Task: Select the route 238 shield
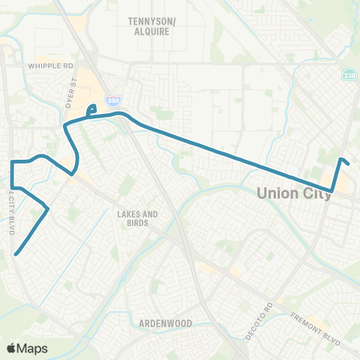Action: (x=349, y=76)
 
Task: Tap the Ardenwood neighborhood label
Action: (x=165, y=323)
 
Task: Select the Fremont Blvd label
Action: (x=308, y=325)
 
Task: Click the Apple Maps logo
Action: (x=25, y=348)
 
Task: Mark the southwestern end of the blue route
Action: (x=16, y=254)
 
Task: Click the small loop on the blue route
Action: (x=91, y=111)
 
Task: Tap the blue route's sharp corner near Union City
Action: (x=331, y=190)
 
